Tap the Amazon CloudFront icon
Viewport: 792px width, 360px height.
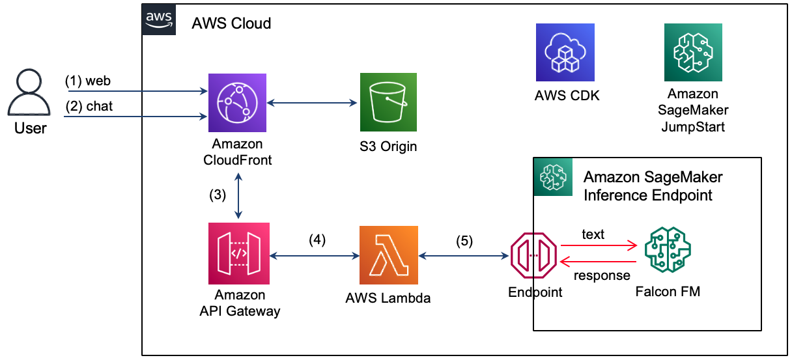(x=236, y=102)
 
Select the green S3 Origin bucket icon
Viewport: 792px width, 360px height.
(x=389, y=102)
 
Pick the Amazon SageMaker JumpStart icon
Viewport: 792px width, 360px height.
(x=693, y=53)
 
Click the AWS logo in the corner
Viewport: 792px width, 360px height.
(x=158, y=20)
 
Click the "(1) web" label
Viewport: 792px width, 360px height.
(x=88, y=81)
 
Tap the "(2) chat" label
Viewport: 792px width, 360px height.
(x=89, y=106)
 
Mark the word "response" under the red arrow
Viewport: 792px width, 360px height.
(x=602, y=275)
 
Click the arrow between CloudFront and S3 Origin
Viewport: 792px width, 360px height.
(x=313, y=102)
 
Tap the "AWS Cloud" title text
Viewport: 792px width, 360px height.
(x=231, y=24)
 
